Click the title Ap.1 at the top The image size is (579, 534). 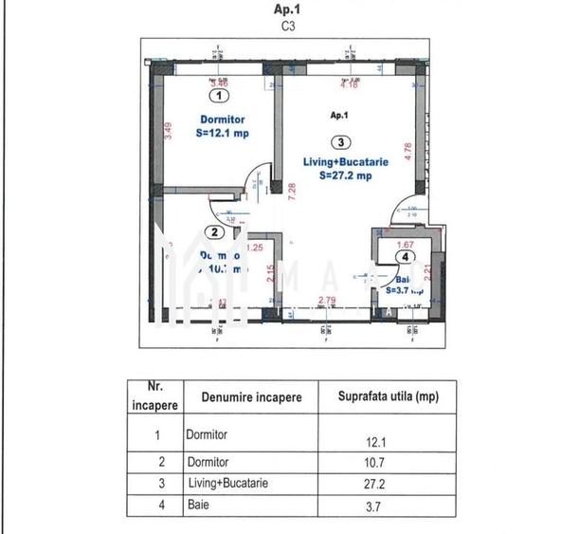289,10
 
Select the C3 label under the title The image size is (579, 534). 289,28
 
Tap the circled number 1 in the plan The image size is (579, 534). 220,95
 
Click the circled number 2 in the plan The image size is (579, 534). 215,232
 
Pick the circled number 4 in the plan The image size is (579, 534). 406,256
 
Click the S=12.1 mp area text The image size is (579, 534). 220,134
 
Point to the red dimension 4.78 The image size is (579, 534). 408,152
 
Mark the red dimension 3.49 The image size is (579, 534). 168,130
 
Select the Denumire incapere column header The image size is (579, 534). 251,397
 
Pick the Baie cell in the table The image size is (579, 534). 196,506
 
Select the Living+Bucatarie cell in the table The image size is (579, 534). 227,483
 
